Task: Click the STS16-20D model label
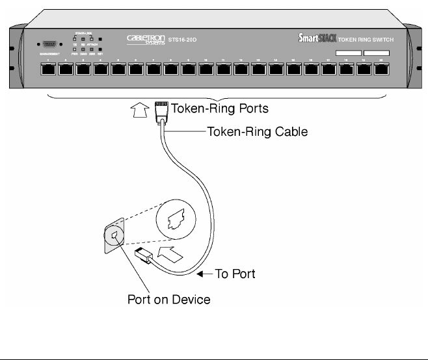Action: tap(182, 40)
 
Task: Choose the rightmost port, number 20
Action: tap(381, 68)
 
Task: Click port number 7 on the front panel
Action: tap(153, 68)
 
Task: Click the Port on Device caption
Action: tap(169, 300)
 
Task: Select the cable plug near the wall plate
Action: tap(143, 254)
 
